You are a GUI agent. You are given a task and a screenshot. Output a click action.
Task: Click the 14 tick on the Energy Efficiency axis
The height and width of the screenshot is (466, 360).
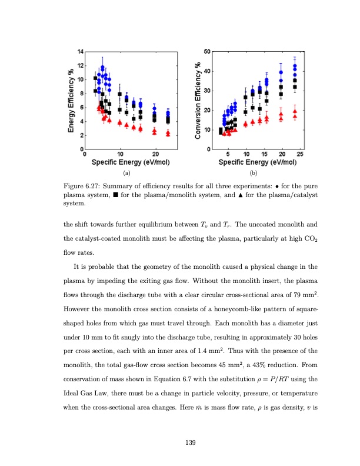(80, 52)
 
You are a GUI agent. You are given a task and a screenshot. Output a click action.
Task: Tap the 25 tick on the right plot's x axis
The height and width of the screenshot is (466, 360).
(300, 154)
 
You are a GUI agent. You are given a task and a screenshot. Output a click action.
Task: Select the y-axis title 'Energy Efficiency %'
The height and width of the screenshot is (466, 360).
(71, 101)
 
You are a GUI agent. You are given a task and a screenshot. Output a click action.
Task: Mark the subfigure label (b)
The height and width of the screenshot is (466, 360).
(254, 174)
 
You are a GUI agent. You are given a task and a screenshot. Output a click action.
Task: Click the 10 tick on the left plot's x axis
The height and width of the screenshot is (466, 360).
(121, 154)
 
